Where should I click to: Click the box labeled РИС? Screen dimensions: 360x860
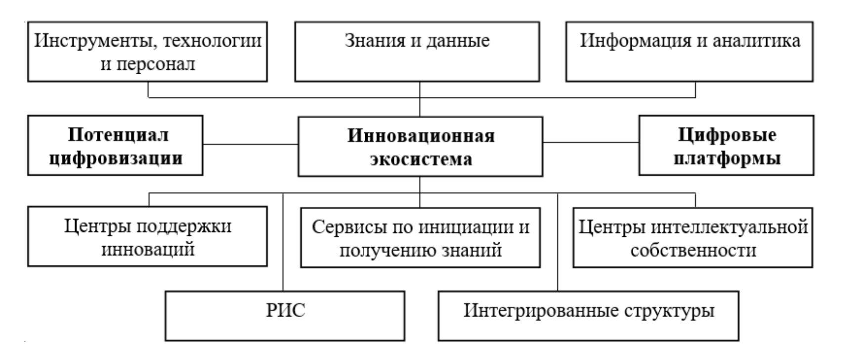click(x=285, y=315)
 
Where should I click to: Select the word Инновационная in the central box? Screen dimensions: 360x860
click(x=421, y=135)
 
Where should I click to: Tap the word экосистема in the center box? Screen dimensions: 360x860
click(x=421, y=159)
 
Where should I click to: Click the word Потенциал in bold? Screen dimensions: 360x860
click(x=118, y=135)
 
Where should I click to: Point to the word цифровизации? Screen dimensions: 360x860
click(x=116, y=158)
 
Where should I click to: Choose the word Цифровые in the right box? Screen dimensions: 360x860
click(x=727, y=135)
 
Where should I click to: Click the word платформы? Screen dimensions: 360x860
click(x=727, y=158)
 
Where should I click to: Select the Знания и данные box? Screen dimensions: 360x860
click(x=417, y=51)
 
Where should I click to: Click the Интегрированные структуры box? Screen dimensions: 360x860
click(x=588, y=315)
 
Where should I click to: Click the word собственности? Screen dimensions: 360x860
click(x=693, y=250)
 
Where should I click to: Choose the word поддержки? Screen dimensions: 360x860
click(x=183, y=226)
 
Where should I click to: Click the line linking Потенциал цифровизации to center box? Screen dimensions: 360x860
click(x=251, y=144)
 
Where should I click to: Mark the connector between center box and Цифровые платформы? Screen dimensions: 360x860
click(x=591, y=142)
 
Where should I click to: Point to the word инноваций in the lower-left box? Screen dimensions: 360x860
click(x=148, y=250)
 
